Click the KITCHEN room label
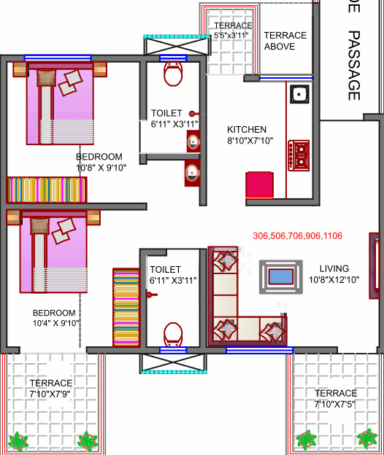click(x=247, y=129)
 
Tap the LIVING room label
click(x=334, y=268)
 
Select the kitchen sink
click(x=299, y=94)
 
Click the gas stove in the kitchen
click(x=299, y=154)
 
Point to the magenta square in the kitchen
click(x=259, y=184)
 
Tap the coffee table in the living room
click(x=281, y=276)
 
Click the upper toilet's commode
click(x=173, y=74)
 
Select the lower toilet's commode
click(x=173, y=335)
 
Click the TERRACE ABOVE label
click(x=285, y=41)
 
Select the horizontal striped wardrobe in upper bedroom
click(x=47, y=190)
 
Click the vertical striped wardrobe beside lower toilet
click(x=125, y=307)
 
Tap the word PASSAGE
click(x=354, y=65)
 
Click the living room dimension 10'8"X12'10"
click(x=334, y=279)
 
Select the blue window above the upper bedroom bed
click(x=58, y=57)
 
